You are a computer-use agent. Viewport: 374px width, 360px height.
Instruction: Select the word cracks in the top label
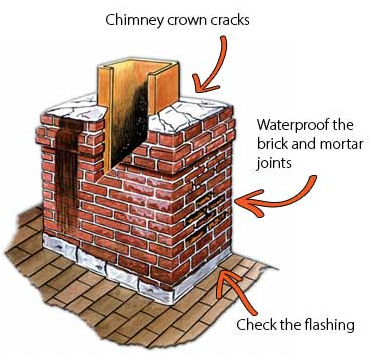[x=230, y=20]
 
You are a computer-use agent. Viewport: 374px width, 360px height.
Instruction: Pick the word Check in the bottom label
[x=254, y=324]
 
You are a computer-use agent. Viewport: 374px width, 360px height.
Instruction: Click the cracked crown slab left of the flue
[x=77, y=108]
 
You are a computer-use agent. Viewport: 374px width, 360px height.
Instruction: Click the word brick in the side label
[x=271, y=145]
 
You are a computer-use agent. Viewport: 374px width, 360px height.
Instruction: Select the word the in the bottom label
[x=287, y=324]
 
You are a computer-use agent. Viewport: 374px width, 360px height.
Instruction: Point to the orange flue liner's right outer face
[x=167, y=88]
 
